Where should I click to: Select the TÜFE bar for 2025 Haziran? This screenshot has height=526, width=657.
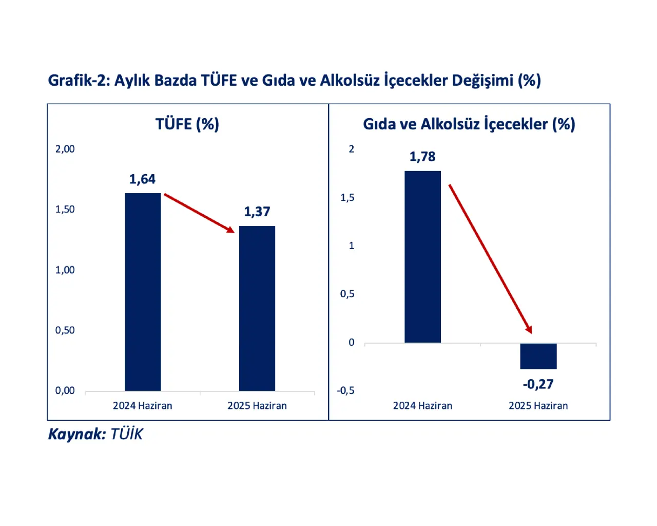257,308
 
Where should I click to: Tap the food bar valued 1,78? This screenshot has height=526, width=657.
422,257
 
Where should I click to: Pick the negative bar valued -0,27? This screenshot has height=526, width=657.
538,355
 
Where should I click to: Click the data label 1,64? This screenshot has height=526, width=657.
142,179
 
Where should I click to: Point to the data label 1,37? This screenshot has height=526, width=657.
257,212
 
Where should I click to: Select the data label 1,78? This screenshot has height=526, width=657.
422,157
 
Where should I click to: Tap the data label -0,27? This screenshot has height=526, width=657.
538,384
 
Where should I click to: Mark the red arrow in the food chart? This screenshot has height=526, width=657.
490,258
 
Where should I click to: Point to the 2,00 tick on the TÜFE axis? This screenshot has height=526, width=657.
65,149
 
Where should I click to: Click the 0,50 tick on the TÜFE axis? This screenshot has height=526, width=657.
65,330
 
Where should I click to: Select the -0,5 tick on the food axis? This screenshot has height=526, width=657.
346,391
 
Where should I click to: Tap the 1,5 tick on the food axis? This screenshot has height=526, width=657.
347,198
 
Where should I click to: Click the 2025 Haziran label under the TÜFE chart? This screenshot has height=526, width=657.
257,406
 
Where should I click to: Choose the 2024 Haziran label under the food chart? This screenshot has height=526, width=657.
422,406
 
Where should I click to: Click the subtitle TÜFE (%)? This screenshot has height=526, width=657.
187,124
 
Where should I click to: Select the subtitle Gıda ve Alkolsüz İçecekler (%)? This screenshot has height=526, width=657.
469,124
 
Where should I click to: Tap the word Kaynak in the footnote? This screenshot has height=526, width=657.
76,435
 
